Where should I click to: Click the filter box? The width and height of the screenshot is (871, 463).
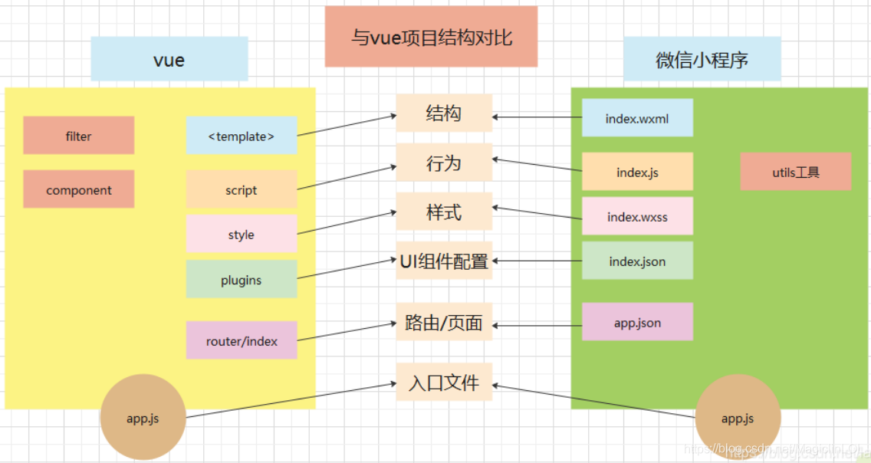[78, 136]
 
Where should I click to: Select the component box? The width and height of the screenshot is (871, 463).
[78, 189]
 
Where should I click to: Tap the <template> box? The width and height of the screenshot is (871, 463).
[242, 136]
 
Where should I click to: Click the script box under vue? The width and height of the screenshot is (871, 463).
[242, 189]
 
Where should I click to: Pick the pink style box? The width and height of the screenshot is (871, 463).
[242, 234]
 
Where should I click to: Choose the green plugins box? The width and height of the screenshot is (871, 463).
[242, 279]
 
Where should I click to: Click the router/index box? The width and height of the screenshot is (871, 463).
[242, 340]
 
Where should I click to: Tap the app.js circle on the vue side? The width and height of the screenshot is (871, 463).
[143, 417]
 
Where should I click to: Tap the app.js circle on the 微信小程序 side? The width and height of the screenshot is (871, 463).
[738, 417]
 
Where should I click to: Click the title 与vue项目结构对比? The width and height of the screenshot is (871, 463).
[431, 37]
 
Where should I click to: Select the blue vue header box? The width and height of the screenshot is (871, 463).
[169, 59]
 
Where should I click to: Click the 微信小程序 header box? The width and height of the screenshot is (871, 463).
[702, 59]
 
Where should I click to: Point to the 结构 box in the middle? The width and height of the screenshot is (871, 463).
[444, 113]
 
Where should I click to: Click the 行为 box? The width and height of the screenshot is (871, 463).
[444, 163]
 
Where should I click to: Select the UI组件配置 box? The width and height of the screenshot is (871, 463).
[444, 261]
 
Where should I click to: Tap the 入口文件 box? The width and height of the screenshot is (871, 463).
[444, 381]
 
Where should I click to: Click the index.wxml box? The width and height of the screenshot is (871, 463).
[637, 118]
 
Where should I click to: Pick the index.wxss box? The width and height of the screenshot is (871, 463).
[637, 216]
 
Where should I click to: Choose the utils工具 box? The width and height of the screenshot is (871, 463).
[796, 172]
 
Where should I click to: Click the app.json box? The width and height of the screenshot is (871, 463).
[637, 322]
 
